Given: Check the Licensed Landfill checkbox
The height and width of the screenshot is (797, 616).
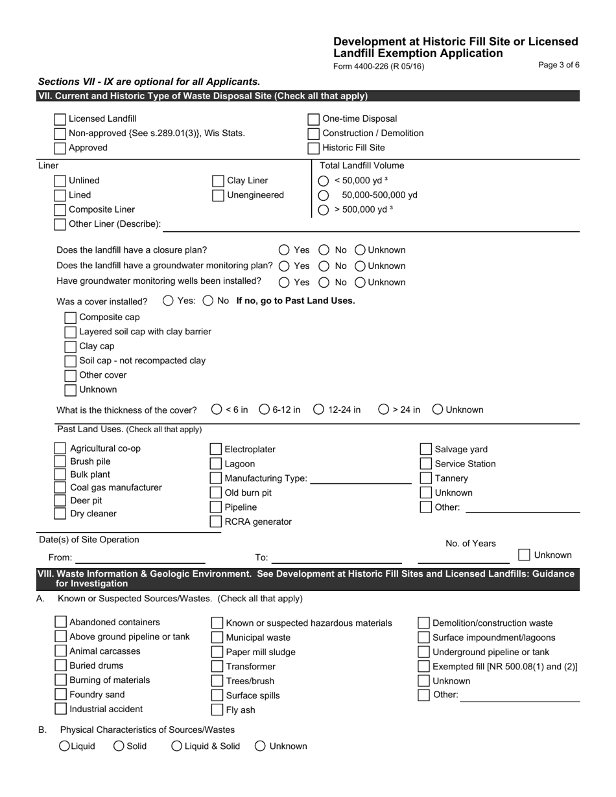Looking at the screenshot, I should (x=60, y=119).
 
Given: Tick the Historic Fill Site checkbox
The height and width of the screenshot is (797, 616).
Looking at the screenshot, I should (x=313, y=148).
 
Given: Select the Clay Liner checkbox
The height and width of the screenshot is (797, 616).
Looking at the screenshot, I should (x=219, y=181).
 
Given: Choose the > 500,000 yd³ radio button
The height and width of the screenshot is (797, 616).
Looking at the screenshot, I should (x=324, y=209).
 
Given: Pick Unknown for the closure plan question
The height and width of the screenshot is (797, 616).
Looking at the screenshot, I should (x=361, y=250).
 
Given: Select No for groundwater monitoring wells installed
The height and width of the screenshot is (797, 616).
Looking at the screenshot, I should (x=324, y=283).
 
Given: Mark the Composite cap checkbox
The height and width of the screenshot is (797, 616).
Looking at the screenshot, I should (x=71, y=318).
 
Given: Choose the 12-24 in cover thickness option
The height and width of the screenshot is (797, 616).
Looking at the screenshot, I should (x=319, y=410).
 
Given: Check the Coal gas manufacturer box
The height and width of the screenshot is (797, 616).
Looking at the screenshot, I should (x=60, y=488).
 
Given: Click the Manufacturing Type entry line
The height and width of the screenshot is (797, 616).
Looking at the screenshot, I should (x=361, y=479).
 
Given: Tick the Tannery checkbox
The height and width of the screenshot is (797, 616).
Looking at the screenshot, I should (x=426, y=479).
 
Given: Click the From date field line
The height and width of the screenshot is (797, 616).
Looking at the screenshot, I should (x=140, y=558).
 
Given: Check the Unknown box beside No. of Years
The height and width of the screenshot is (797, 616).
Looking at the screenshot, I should (x=525, y=555).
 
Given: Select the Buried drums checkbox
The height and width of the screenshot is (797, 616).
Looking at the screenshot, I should (x=60, y=666).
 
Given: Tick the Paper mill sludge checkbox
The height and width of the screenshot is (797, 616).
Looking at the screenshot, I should (x=218, y=653).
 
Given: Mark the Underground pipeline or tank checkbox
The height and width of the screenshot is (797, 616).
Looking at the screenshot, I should (x=423, y=653).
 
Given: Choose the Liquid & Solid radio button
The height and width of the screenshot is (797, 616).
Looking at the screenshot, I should (x=177, y=746).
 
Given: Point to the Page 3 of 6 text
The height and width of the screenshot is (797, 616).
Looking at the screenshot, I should (x=559, y=65).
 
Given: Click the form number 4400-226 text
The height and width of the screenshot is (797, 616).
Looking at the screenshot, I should (x=379, y=66).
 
